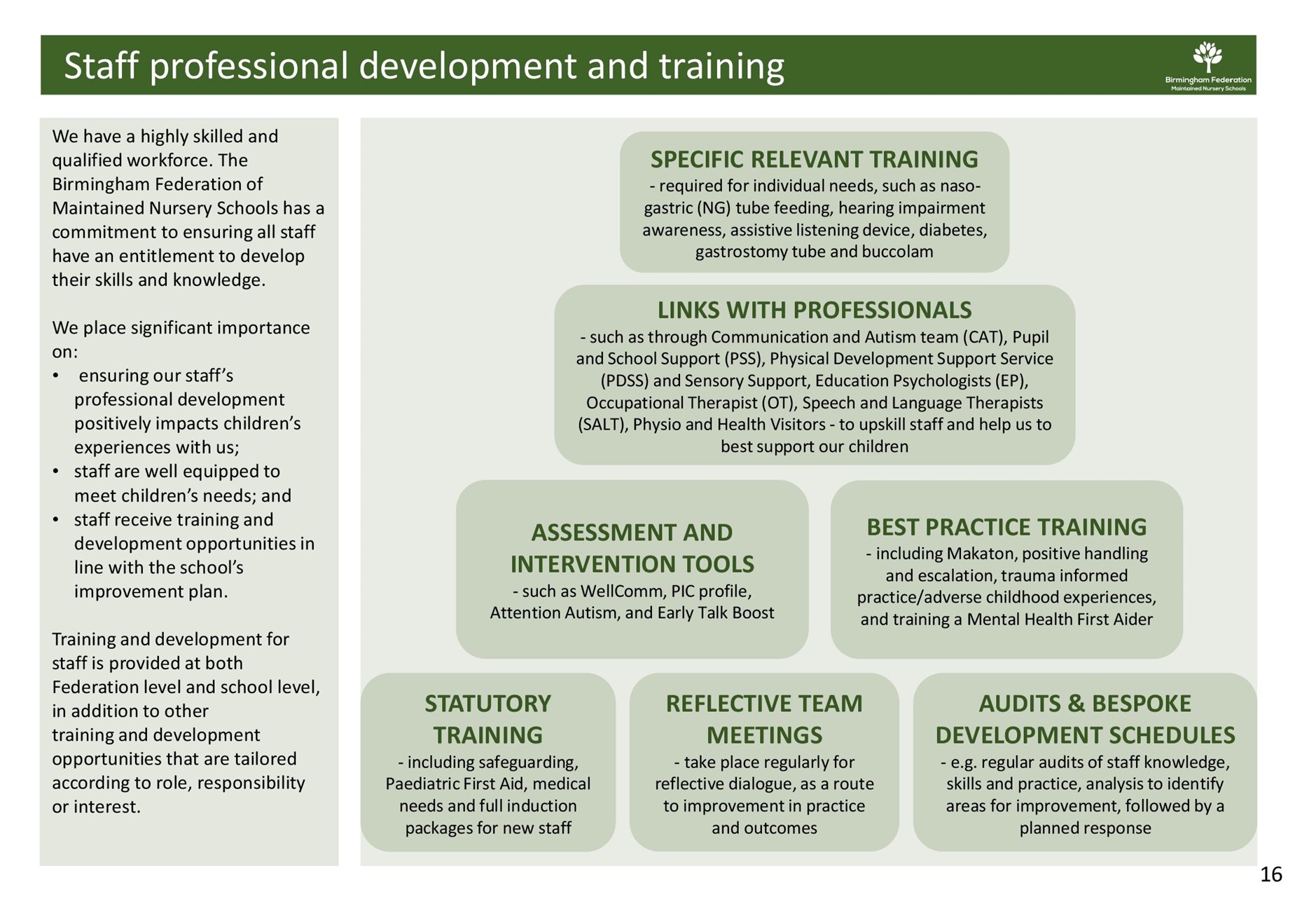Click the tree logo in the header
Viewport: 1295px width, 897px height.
1207,57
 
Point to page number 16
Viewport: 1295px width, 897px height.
1270,874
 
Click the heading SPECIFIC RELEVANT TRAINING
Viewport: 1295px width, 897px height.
814,160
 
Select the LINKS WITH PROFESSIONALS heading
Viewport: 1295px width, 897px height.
814,310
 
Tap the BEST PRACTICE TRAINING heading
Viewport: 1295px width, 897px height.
1006,527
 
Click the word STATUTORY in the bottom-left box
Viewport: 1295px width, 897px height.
487,704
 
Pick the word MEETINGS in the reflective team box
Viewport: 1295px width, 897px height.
764,735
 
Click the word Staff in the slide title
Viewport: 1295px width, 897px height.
102,67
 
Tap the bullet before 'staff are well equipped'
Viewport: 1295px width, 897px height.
55,472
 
